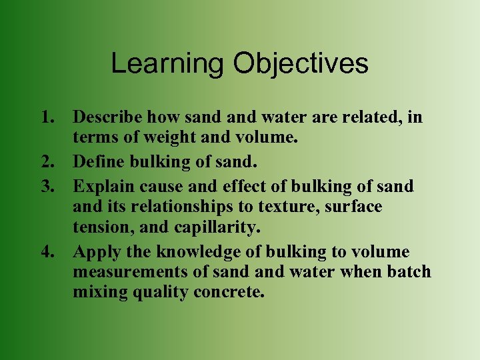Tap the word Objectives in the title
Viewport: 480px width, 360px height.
pyautogui.click(x=301, y=64)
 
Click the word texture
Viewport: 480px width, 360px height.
pyautogui.click(x=291, y=207)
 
